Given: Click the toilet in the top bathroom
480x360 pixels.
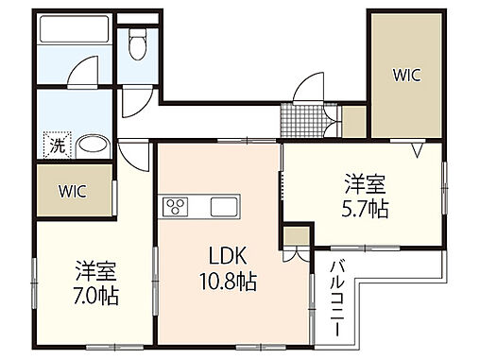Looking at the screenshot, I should pyautogui.click(x=138, y=40).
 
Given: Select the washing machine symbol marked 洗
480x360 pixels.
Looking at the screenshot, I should pyautogui.click(x=56, y=146).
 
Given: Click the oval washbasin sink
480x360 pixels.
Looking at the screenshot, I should pyautogui.click(x=93, y=146).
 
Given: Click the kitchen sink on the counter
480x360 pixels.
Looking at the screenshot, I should pyautogui.click(x=225, y=206).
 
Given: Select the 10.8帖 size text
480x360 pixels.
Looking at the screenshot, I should pyautogui.click(x=226, y=281).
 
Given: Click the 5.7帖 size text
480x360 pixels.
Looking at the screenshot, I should pyautogui.click(x=364, y=209).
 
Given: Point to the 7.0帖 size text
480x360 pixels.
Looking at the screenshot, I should pyautogui.click(x=96, y=294).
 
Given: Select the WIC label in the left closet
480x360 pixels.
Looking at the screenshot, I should pyautogui.click(x=72, y=191).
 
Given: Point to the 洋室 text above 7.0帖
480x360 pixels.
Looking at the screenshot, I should pyautogui.click(x=96, y=269).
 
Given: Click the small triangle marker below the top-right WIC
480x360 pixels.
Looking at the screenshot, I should pyautogui.click(x=417, y=148).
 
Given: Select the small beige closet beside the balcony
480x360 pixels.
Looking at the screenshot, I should pyautogui.click(x=295, y=236).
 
